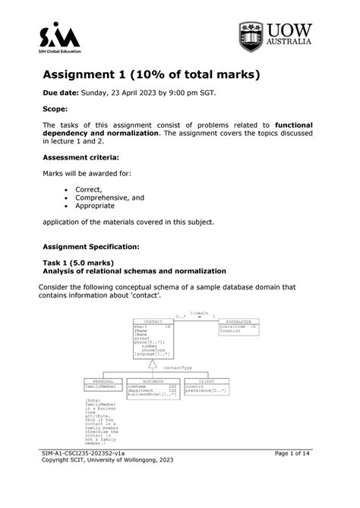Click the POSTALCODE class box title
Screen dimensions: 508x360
(x=238, y=322)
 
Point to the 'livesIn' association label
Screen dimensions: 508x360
(x=200, y=312)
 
